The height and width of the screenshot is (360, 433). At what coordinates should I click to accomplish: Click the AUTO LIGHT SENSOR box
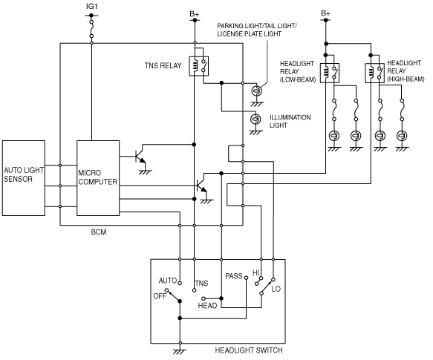pos(24,178)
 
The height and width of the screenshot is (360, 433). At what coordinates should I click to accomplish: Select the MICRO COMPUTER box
pos(98,178)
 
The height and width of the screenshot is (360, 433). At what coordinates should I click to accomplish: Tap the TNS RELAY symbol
pos(199,66)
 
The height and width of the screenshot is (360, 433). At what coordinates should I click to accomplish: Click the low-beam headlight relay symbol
pos(330,73)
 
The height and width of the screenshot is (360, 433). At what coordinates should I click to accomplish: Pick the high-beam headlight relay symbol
pos(375,73)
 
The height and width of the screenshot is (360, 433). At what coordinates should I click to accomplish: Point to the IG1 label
pos(91,7)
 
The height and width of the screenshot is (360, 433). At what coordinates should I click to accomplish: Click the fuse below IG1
pos(91,29)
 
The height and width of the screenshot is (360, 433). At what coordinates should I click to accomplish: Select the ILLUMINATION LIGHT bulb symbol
pos(255,119)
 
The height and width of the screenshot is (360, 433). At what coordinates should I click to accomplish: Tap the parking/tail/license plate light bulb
pos(257,91)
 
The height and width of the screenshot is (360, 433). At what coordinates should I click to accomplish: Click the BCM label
pos(99,232)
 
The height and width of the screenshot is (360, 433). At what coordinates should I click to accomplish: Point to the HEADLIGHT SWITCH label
pos(249,350)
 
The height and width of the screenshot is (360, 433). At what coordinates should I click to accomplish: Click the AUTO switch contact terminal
pos(180,283)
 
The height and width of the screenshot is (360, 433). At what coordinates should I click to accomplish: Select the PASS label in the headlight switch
pos(234,276)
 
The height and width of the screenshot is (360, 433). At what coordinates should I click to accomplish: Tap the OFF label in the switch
pos(160,296)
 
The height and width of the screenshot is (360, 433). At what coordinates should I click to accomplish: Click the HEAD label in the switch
pos(207,306)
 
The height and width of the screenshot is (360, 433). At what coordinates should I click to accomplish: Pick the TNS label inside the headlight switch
pos(201,284)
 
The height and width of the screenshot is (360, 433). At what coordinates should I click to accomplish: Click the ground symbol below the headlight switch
pos(180,351)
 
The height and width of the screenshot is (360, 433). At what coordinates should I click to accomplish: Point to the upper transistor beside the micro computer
pos(140,157)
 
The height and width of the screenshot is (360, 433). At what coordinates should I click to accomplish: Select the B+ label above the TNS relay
pos(195,14)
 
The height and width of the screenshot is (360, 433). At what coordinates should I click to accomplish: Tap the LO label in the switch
pos(276,289)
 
